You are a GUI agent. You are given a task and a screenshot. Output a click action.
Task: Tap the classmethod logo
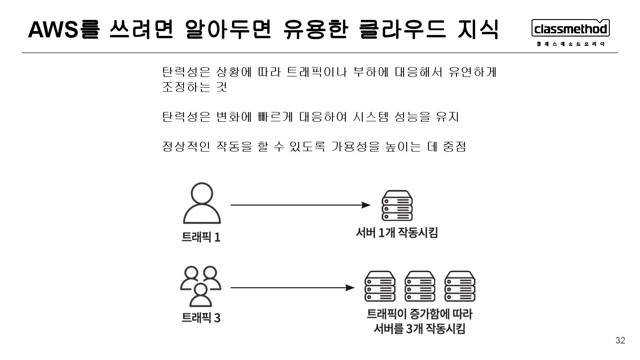pos(571,29)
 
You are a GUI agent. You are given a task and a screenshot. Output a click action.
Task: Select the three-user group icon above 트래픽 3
pos(201,286)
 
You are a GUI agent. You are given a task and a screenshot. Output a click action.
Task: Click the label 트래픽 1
pos(201,237)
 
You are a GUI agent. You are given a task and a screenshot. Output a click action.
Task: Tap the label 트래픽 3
pos(201,318)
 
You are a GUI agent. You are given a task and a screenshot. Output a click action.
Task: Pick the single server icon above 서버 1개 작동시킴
pos(397,205)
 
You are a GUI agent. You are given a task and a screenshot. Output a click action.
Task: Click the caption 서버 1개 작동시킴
pos(397,232)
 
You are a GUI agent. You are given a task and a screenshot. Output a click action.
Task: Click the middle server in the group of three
pos(420,287)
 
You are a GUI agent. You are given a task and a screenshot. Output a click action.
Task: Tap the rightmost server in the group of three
pos(460,287)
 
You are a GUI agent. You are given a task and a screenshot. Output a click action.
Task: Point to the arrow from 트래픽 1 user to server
pos(300,205)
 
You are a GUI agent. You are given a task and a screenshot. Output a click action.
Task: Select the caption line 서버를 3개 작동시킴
pos(419,329)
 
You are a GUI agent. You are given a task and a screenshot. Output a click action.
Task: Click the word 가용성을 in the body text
pos(353,146)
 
